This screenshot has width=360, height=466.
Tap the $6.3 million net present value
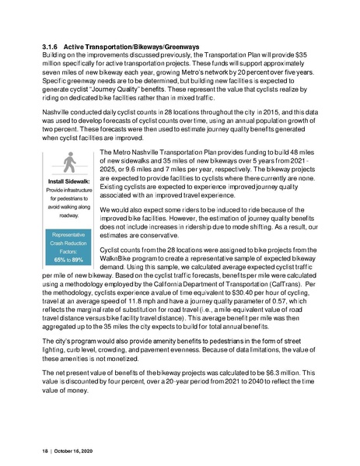coord(256,405)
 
